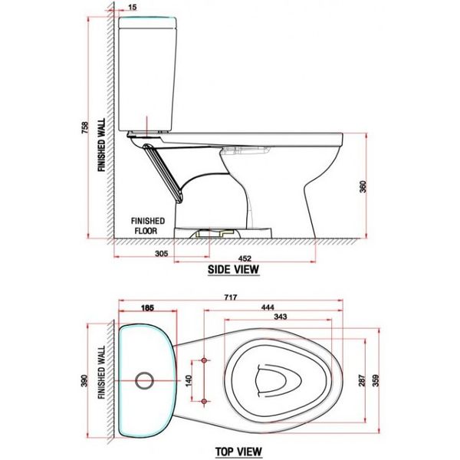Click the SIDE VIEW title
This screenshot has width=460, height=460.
click(x=234, y=269)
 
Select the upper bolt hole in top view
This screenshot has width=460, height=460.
click(x=205, y=359)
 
